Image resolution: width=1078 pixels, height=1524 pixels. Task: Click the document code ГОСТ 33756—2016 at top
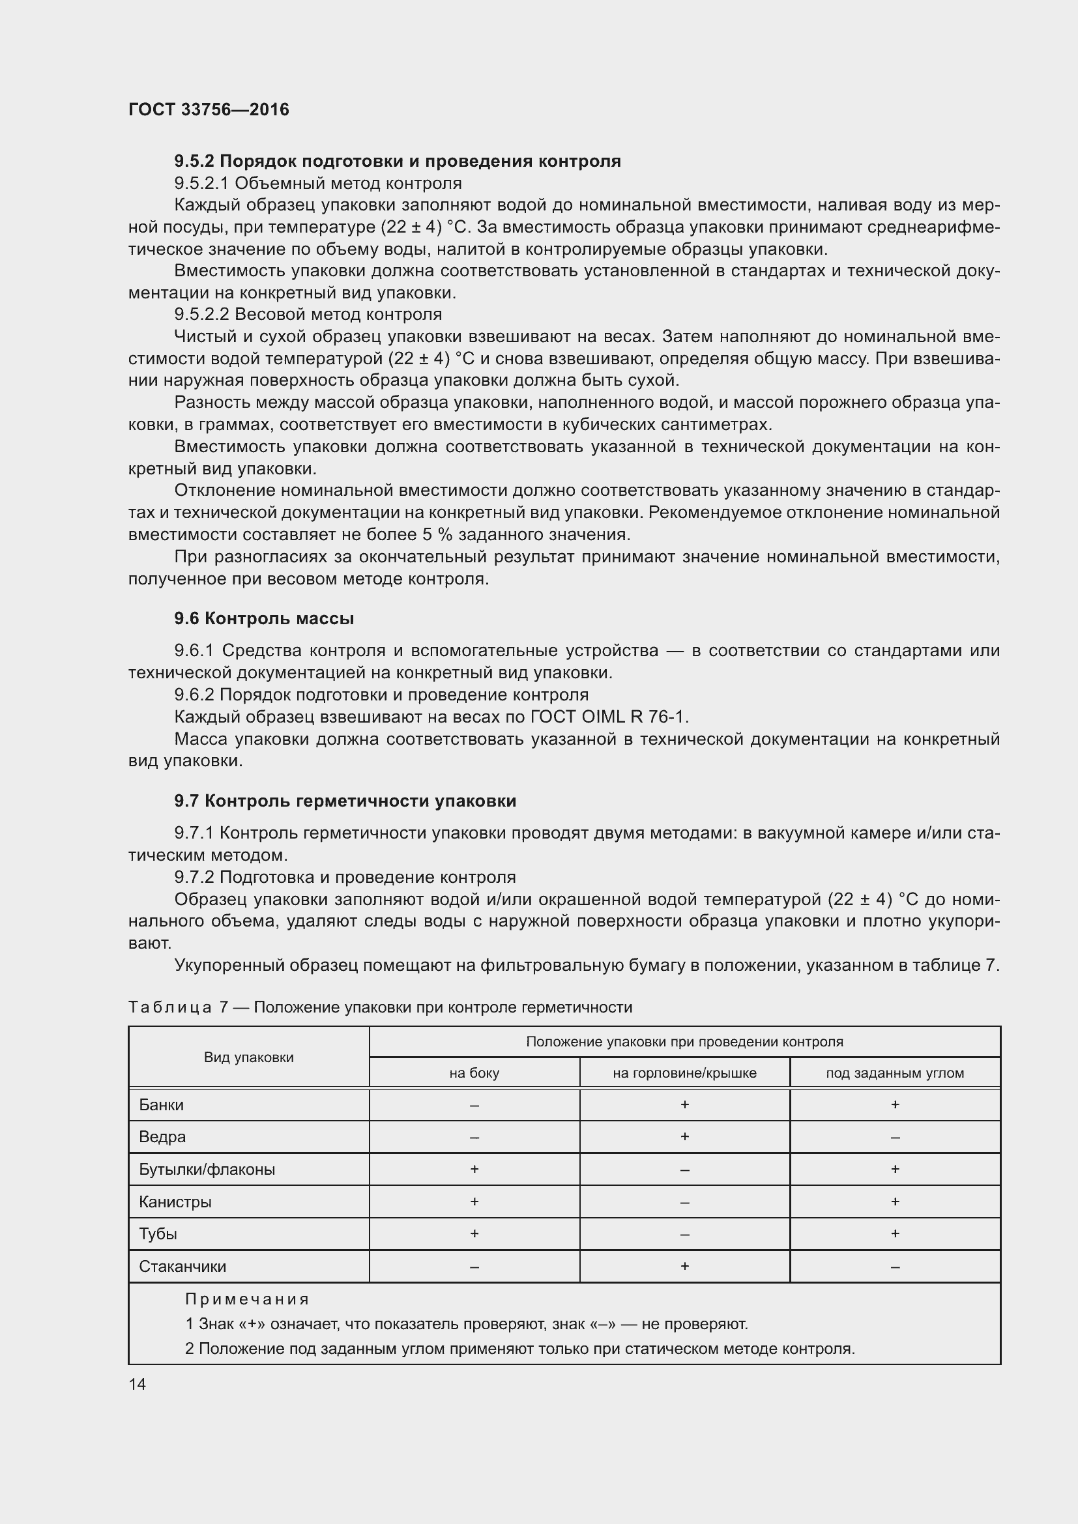[x=209, y=109]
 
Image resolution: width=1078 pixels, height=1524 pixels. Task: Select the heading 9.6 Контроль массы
[x=263, y=618]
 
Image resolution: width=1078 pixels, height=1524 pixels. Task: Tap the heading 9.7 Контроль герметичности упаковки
[x=345, y=801]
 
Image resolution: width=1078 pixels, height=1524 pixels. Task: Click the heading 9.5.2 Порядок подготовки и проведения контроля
[x=397, y=162]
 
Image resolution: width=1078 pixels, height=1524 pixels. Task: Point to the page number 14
[x=138, y=1384]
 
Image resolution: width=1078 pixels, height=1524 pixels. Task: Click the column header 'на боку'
[x=474, y=1073]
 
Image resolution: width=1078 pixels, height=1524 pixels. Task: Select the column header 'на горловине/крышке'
[x=684, y=1073]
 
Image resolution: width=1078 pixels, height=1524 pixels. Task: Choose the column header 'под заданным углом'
[x=895, y=1073]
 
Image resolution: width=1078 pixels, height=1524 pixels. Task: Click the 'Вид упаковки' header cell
[x=248, y=1057]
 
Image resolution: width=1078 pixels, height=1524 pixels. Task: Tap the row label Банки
[x=161, y=1105]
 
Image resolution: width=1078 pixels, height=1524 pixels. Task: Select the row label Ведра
[x=162, y=1137]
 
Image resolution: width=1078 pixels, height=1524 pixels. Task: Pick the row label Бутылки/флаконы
[x=207, y=1170]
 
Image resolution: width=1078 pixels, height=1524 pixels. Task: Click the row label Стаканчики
[x=182, y=1267]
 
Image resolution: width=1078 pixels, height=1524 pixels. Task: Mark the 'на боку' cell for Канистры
[x=474, y=1201]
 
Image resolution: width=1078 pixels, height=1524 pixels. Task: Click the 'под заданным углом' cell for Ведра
[x=895, y=1138]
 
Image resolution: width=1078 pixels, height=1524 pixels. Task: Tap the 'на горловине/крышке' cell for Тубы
[x=684, y=1235]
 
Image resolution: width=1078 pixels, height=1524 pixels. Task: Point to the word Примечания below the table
[x=247, y=1299]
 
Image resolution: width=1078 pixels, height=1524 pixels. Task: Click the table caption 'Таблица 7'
[x=178, y=1007]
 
